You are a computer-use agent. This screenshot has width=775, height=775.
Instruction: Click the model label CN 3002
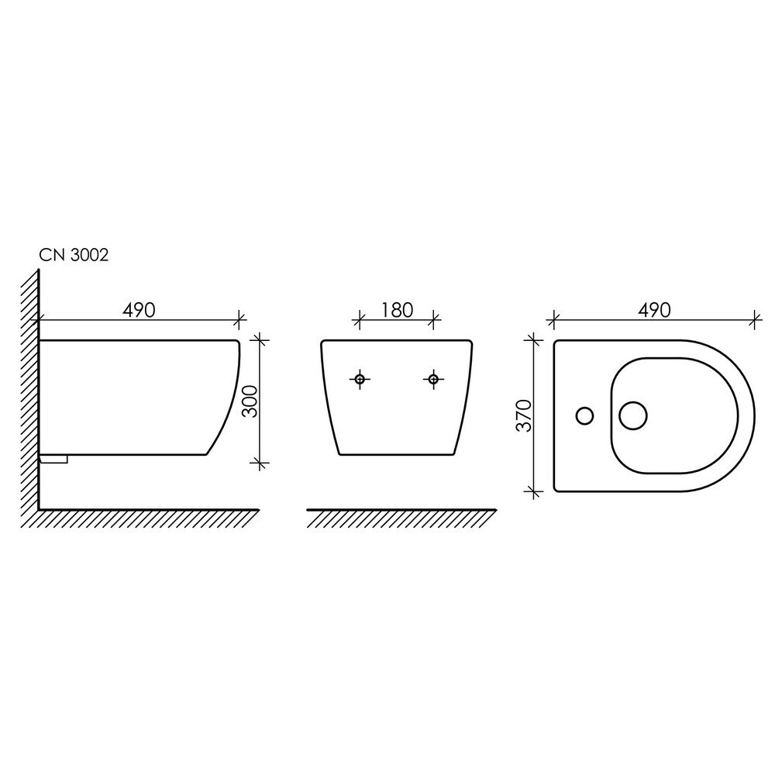[x=74, y=255]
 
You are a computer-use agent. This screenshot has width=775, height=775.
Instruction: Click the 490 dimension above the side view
[x=139, y=310]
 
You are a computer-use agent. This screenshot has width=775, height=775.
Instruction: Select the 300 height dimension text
[x=251, y=401]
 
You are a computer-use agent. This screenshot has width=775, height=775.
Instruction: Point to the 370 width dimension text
[x=524, y=415]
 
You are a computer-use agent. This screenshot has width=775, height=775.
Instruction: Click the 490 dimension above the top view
[x=654, y=310]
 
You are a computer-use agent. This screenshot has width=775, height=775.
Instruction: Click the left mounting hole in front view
[x=360, y=379]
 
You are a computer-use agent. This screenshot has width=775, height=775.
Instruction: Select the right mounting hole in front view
[x=433, y=379]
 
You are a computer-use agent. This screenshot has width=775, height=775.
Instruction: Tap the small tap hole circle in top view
[x=584, y=415]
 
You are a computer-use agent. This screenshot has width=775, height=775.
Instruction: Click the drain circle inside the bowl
[x=633, y=415]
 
